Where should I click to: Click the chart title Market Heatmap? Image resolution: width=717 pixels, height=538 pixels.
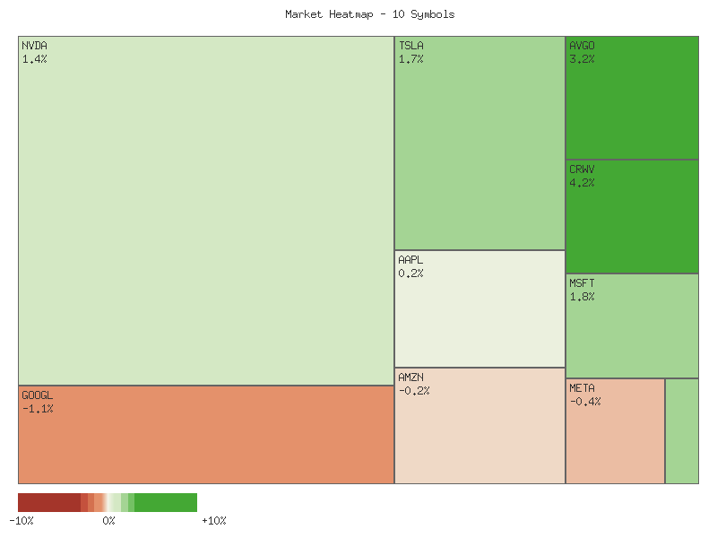[369, 14]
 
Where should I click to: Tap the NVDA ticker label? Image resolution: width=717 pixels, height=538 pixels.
[35, 46]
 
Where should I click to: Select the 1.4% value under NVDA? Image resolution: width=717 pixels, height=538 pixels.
[35, 59]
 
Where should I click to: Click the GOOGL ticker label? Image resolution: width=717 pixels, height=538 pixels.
[38, 395]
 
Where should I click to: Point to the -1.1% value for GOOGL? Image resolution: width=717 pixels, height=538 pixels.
[38, 409]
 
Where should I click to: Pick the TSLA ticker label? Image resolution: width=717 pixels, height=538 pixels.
[411, 46]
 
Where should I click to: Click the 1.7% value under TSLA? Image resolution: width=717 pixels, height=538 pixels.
[411, 59]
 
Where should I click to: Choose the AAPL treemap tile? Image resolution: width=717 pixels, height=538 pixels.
[479, 308]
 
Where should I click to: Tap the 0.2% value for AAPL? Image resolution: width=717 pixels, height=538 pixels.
[411, 273]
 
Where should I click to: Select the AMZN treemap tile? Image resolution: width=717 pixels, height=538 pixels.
[479, 426]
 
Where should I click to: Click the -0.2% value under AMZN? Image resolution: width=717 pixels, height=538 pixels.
[414, 391]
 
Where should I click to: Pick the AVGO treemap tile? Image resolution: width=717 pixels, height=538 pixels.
[632, 98]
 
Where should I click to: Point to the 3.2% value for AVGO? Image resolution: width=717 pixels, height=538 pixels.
[582, 59]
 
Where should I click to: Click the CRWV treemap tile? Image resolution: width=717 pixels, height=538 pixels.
[632, 216]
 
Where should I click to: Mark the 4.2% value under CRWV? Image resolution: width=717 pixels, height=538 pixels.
[582, 183]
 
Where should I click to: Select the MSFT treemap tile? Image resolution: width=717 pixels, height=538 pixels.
[632, 325]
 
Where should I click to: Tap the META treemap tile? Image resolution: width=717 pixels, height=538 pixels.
[615, 431]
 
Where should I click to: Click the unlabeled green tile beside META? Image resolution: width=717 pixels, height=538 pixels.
[682, 431]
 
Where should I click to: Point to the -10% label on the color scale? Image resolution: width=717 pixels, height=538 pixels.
[22, 521]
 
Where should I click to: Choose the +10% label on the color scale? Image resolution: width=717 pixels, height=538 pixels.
[214, 521]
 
